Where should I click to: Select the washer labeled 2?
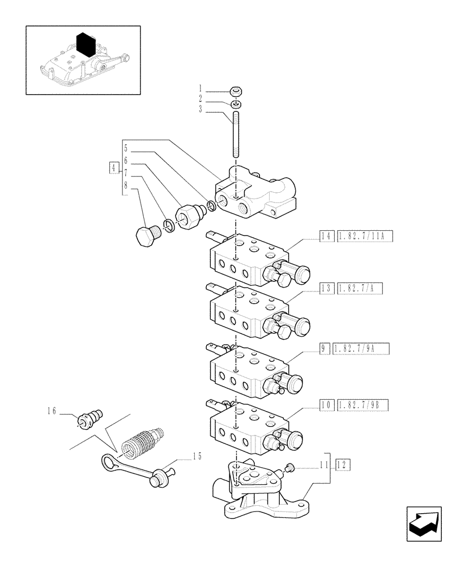[x=237, y=104]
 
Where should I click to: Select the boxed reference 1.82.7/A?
[x=360, y=289]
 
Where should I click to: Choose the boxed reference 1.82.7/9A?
[x=362, y=348]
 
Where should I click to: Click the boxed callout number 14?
[x=327, y=236]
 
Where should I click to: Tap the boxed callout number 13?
[x=327, y=289]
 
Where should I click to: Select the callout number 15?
[x=196, y=455]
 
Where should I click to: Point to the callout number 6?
[x=125, y=160]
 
